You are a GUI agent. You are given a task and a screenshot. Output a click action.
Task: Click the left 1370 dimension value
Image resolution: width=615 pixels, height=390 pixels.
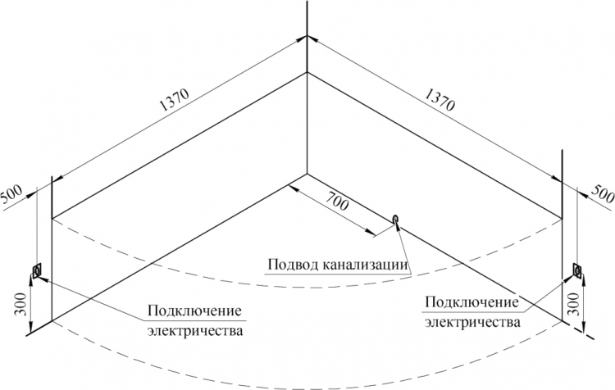click(x=175, y=100)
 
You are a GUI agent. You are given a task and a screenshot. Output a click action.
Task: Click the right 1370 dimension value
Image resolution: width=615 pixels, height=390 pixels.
click(x=440, y=100)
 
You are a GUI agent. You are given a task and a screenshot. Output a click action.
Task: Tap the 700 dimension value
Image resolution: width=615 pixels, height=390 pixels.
click(x=335, y=201)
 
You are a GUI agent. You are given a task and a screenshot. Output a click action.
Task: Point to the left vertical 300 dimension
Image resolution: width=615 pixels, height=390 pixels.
click(x=20, y=304)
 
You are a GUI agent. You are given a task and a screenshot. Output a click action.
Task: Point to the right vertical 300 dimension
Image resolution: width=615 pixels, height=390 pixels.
click(x=573, y=304)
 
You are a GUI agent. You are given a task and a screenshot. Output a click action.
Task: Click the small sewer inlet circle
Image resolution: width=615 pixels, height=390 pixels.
click(x=396, y=218)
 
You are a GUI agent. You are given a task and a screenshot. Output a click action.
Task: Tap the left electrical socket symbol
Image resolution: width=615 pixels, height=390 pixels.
click(x=37, y=271)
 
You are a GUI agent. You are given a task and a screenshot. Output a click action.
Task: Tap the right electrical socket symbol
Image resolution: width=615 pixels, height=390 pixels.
click(x=577, y=270)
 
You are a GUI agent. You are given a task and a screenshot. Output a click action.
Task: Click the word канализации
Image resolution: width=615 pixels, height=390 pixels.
click(x=366, y=265)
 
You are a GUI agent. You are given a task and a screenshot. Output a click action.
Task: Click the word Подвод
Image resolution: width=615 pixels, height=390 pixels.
click(x=294, y=265)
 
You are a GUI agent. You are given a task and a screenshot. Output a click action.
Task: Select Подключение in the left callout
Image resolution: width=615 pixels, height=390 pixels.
click(x=194, y=311)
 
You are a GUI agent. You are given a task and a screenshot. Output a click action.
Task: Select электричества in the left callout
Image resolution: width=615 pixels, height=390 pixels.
click(x=195, y=330)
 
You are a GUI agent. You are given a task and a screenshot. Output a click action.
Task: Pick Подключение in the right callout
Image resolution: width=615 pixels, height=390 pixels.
click(x=471, y=302)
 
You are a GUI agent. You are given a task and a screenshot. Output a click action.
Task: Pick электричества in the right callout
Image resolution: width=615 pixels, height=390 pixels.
click(x=473, y=322)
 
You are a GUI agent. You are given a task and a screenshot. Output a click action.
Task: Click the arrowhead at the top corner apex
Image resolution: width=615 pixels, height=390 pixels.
click(x=307, y=37)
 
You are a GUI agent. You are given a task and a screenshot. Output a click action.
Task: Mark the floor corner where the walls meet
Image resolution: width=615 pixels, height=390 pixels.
click(x=307, y=173)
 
